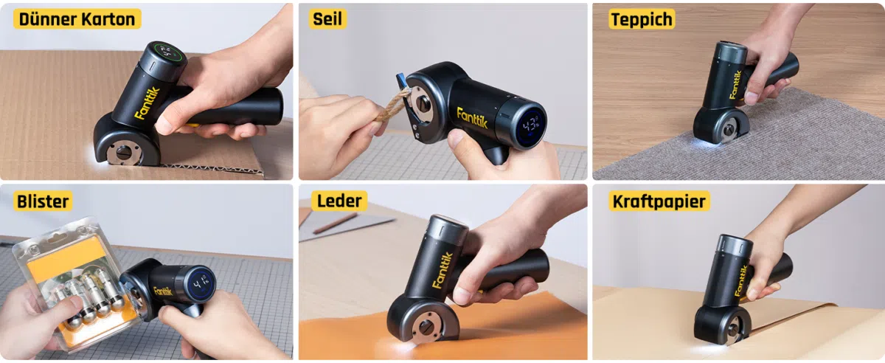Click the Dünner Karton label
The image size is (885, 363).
pyautogui.click(x=77, y=19)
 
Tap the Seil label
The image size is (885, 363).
pyautogui.click(x=327, y=19)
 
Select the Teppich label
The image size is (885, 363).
pyautogui.click(x=641, y=19)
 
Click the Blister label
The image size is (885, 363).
pyautogui.click(x=43, y=201)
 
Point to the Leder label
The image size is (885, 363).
pyautogui.click(x=339, y=201)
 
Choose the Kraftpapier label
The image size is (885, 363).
pyautogui.click(x=659, y=201)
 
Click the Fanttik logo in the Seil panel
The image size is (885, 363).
pyautogui.click(x=472, y=118)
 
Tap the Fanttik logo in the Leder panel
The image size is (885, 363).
pyautogui.click(x=442, y=270)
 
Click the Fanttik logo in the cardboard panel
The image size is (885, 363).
pyautogui.click(x=147, y=103)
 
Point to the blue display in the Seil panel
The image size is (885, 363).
pyautogui.click(x=530, y=125)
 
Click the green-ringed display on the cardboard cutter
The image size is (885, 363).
pyautogui.click(x=168, y=52)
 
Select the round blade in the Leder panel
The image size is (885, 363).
pyautogui.click(x=427, y=328)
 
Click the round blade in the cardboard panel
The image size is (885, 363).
pyautogui.click(x=124, y=152)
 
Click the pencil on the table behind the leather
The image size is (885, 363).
pyautogui.click(x=336, y=223)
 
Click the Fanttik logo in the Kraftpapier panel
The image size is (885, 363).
pyautogui.click(x=740, y=280)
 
